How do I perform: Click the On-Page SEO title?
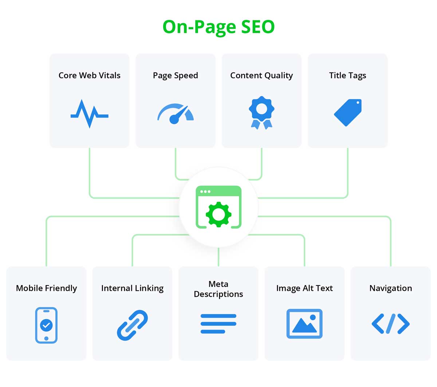click(x=218, y=27)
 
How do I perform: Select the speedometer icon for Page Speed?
click(x=176, y=114)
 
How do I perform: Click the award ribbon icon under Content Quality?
click(x=261, y=112)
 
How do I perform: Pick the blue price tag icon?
click(x=347, y=112)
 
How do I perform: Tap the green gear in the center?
click(x=219, y=214)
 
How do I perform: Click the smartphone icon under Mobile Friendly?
click(x=46, y=325)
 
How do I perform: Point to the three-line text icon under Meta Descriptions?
click(x=218, y=324)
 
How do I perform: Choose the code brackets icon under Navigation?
click(x=390, y=324)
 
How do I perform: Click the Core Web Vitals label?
click(x=89, y=75)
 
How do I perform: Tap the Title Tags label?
click(x=347, y=76)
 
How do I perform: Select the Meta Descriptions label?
click(x=218, y=289)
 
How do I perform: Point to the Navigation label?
click(x=391, y=288)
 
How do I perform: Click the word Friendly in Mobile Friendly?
click(x=61, y=288)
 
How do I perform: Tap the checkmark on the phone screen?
click(x=46, y=325)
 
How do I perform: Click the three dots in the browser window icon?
click(x=205, y=191)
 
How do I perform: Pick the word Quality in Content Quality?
click(x=279, y=76)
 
